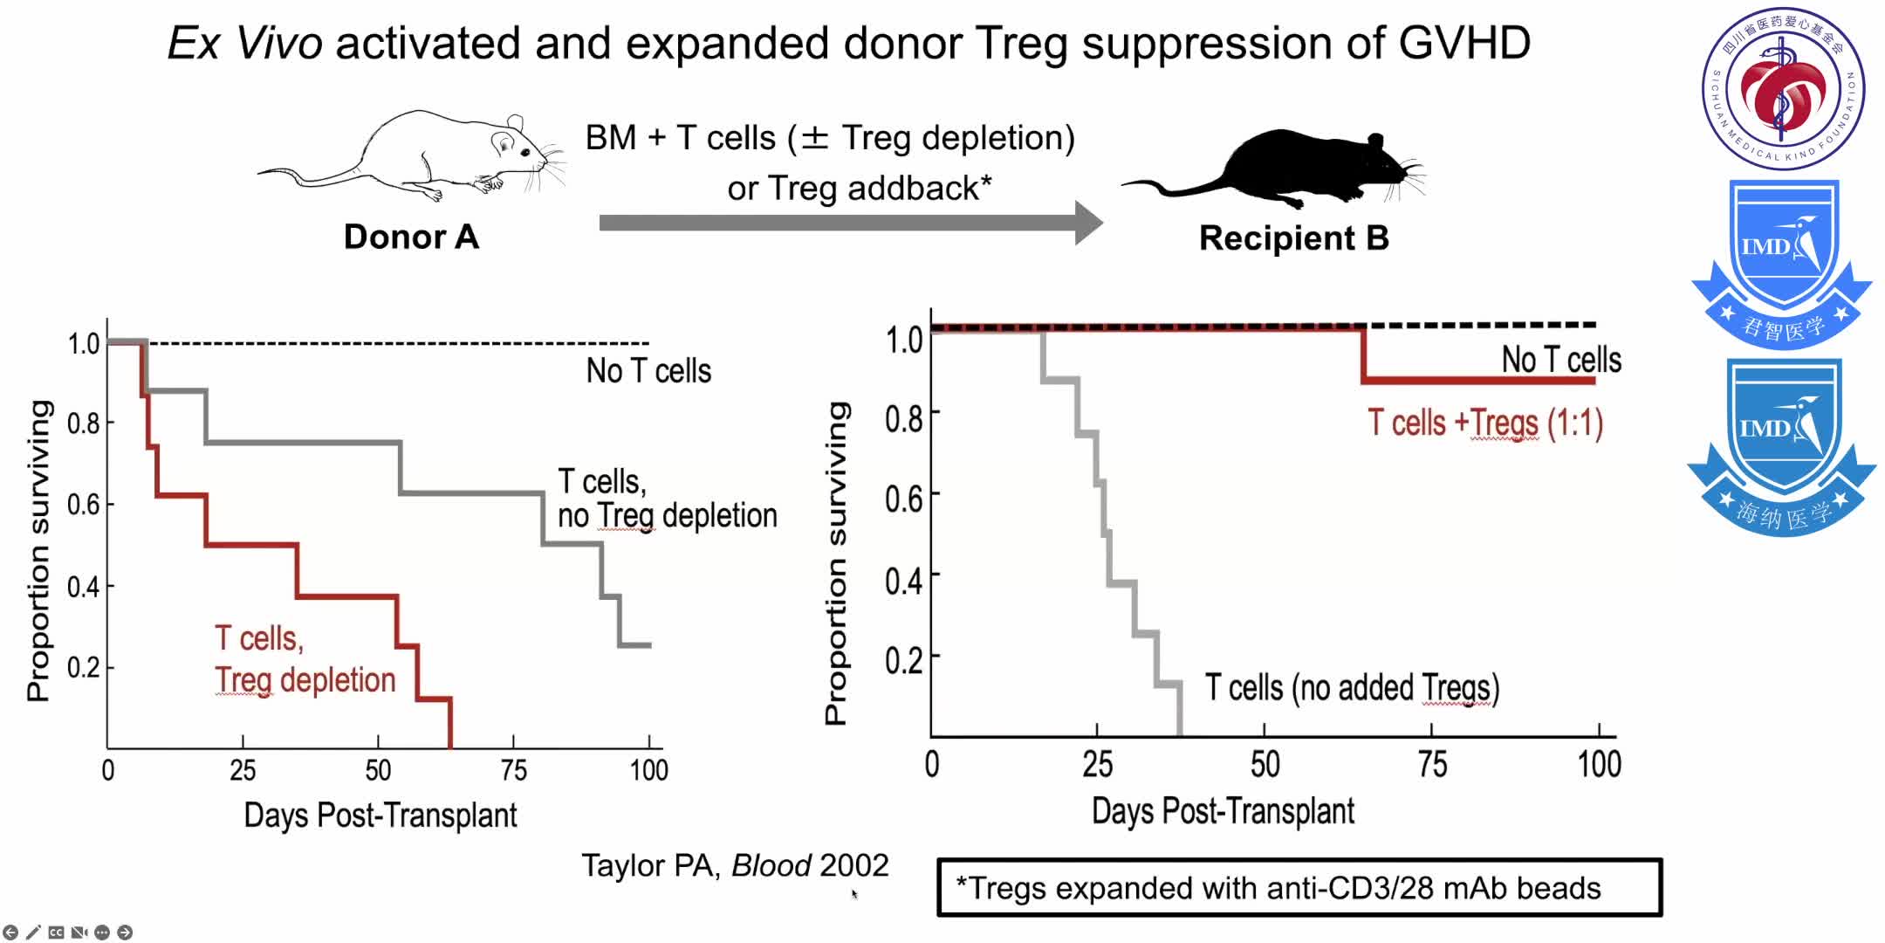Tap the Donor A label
(x=411, y=237)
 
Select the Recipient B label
(x=1293, y=237)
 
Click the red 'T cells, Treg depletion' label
(x=305, y=659)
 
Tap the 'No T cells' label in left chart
(x=648, y=371)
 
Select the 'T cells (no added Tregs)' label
(x=1352, y=688)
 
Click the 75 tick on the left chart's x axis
(x=513, y=770)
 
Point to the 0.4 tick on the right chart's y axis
(x=903, y=580)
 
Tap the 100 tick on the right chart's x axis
(x=1599, y=764)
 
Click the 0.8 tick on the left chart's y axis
(x=84, y=423)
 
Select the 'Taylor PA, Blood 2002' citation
(x=735, y=865)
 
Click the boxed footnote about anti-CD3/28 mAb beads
(x=1299, y=888)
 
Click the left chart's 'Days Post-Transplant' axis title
(x=380, y=815)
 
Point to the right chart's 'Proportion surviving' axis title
(x=836, y=563)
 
